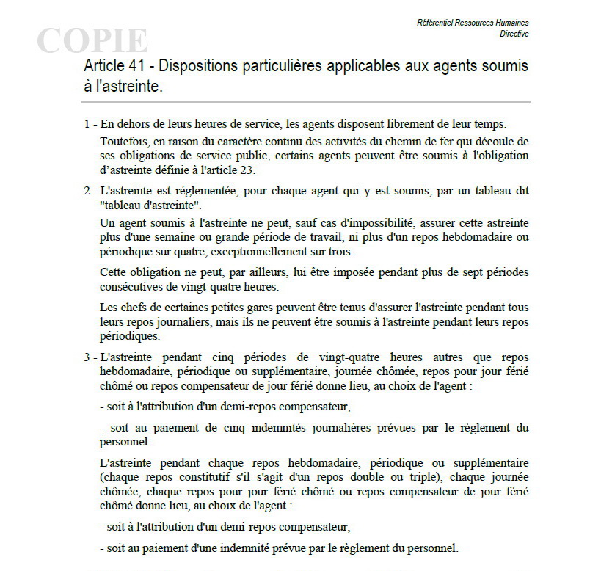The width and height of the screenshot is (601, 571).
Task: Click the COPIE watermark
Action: pyautogui.click(x=92, y=40)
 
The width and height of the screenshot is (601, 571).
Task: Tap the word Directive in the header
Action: pyautogui.click(x=514, y=34)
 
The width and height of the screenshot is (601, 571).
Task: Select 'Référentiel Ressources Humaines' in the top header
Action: pyautogui.click(x=473, y=23)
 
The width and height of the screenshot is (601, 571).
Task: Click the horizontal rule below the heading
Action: pyautogui.click(x=307, y=101)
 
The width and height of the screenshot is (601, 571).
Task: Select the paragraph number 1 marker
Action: pyautogui.click(x=86, y=124)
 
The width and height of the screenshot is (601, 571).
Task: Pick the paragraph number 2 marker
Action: pyautogui.click(x=86, y=191)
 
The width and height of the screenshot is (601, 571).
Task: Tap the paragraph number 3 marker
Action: pyautogui.click(x=86, y=358)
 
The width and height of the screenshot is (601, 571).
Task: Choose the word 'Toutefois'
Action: pyautogui.click(x=121, y=141)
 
